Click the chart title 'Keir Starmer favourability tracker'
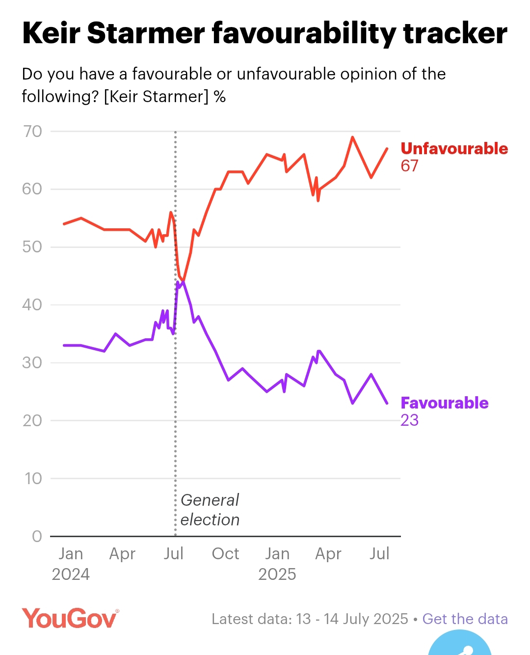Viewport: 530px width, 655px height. point(265,33)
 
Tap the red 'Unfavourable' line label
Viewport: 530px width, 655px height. point(454,149)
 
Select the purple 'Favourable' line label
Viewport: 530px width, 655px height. point(444,403)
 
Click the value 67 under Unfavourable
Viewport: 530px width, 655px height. point(409,166)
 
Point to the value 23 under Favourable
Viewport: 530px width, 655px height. point(409,420)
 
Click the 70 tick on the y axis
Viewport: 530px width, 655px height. point(32,132)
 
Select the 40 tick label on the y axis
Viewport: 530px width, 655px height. point(32,305)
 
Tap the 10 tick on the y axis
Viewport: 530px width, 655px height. point(33,478)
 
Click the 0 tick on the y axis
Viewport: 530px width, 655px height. point(37,536)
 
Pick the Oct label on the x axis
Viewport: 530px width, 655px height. point(225,554)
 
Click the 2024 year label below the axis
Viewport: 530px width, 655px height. point(71,574)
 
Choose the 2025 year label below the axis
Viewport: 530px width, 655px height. point(277,574)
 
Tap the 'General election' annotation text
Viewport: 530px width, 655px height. point(210,510)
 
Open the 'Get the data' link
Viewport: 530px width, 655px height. point(465,619)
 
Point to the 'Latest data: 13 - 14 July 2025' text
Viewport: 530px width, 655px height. point(310,619)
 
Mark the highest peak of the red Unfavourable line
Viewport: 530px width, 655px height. point(352,137)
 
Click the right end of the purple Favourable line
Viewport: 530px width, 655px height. point(387,403)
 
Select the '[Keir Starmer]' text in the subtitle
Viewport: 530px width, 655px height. point(156,97)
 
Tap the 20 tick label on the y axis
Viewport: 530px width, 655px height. point(32,421)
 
